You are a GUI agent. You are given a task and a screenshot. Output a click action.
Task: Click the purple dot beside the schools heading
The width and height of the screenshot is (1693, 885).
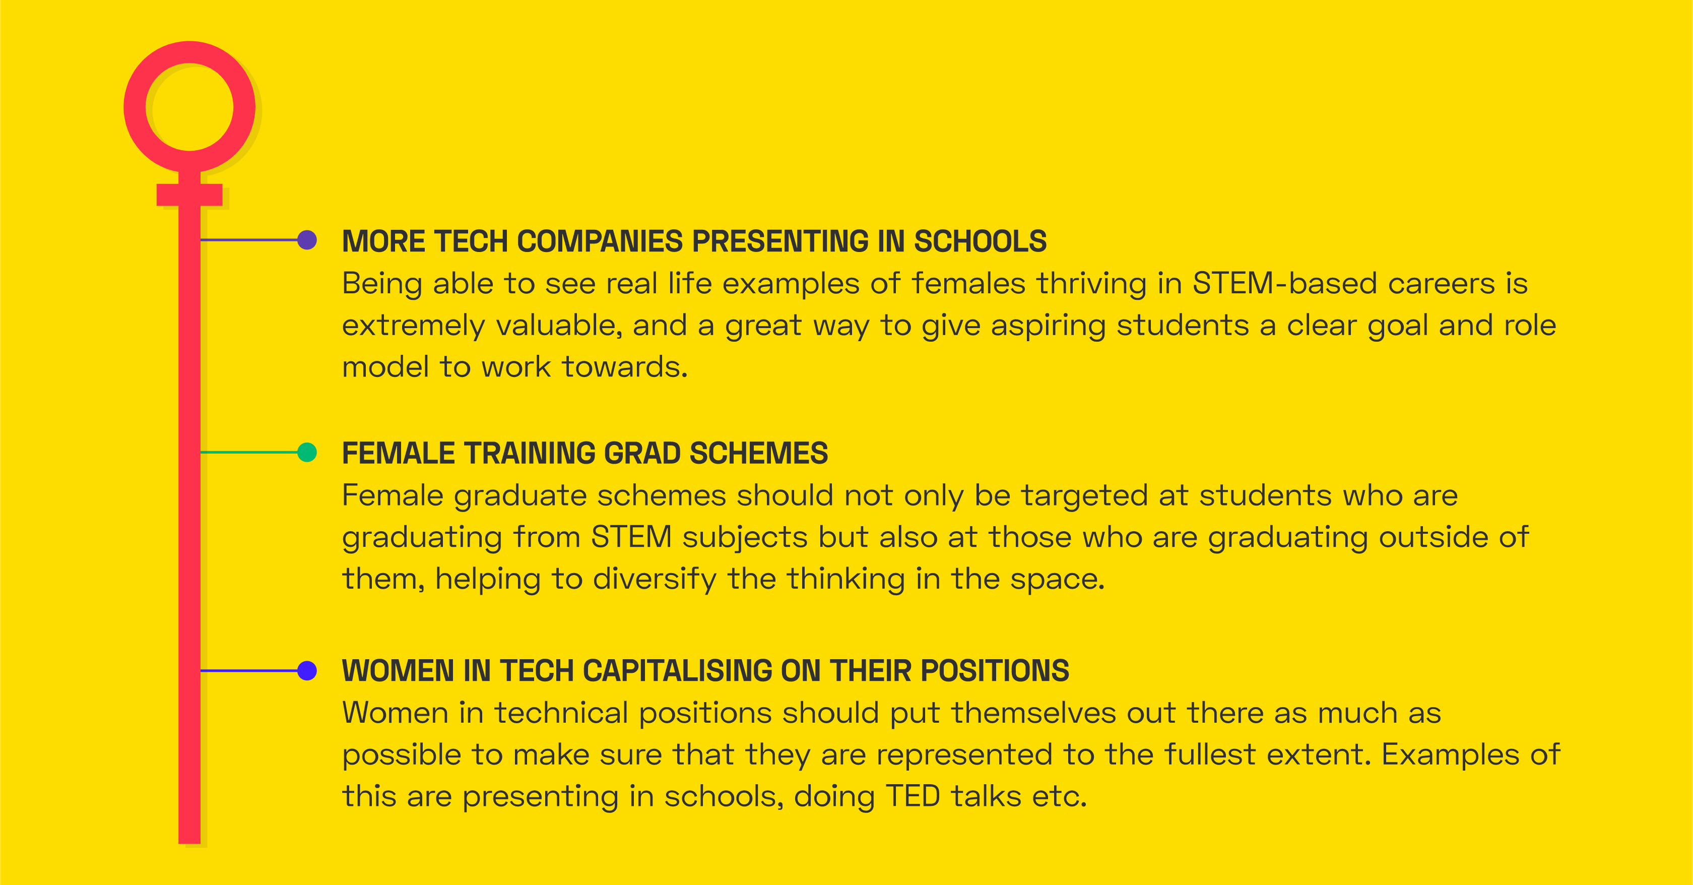tap(307, 240)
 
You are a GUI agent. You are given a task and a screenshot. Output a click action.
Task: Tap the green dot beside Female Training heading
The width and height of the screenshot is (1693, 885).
tap(307, 453)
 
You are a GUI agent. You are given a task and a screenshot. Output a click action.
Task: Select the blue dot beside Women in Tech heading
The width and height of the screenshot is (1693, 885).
tap(307, 671)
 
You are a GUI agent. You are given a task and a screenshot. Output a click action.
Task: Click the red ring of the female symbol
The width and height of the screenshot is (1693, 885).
tap(189, 52)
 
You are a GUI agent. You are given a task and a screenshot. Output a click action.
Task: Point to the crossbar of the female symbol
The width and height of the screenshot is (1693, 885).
tap(189, 195)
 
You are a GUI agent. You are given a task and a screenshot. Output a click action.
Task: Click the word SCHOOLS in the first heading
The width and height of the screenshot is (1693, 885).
tap(980, 241)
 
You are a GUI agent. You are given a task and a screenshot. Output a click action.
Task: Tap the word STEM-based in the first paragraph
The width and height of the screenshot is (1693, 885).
tap(1285, 283)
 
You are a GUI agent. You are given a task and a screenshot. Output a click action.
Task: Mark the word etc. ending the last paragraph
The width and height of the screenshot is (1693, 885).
tap(1060, 797)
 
